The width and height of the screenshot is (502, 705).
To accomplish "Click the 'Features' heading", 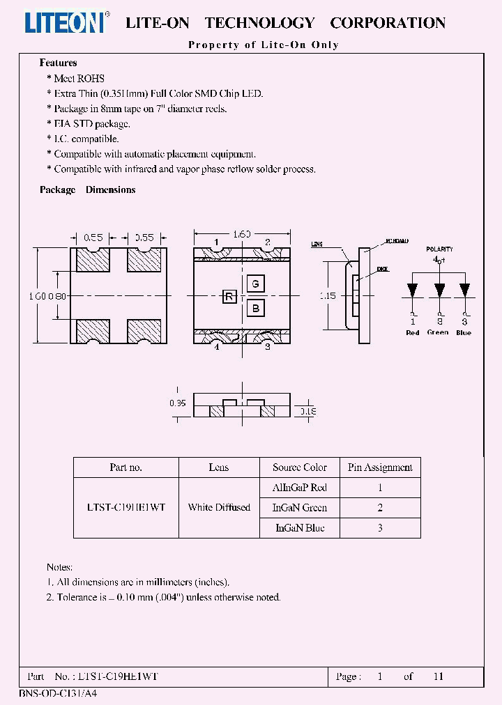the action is (58, 63).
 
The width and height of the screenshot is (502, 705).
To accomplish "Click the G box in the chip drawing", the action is (255, 284).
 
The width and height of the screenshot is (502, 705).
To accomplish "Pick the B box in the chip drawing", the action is (255, 308).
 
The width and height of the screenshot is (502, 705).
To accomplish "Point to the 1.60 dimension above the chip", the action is (241, 234).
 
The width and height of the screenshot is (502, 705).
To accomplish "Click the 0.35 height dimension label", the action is (178, 403).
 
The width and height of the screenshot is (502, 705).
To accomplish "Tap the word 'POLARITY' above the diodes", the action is (439, 249).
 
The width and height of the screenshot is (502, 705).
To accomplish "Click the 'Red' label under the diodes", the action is (413, 332).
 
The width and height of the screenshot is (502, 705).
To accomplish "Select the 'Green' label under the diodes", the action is (438, 332).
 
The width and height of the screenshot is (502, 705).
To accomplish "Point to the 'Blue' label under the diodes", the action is (464, 332).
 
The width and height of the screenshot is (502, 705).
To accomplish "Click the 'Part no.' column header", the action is (125, 467).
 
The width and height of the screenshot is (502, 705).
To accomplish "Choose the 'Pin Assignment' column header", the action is (380, 467).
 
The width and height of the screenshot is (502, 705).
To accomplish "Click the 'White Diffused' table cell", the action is (219, 507).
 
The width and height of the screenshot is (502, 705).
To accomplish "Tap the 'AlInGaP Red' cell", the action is (300, 488).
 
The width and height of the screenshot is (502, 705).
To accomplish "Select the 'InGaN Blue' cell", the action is (300, 527).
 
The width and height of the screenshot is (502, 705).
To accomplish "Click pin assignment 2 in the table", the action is (380, 508).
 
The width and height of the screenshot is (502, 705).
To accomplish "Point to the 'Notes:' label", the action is (59, 568).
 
